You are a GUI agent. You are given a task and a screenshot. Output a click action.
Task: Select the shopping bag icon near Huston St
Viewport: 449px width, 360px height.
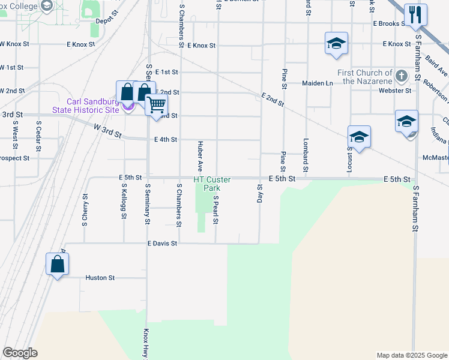coord(57,263)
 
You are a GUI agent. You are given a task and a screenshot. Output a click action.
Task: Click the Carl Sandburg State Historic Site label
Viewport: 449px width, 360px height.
coord(85,106)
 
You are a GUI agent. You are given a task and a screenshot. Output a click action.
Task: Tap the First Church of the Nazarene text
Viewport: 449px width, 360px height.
coord(365,77)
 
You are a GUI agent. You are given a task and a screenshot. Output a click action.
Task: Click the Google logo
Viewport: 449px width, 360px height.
coord(20,353)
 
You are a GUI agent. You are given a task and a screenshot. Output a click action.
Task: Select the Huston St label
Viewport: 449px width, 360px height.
coord(100,278)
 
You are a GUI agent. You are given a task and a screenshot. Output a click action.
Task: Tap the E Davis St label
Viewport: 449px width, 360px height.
coord(162,244)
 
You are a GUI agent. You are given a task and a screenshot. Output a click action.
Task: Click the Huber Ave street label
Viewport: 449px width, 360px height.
coord(200,156)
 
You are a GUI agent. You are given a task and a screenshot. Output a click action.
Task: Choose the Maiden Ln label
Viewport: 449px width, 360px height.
coord(318,83)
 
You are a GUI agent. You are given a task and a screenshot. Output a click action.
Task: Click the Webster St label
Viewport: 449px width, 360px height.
coord(399,91)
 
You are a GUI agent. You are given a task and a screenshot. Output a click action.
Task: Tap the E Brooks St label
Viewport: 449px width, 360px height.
coord(390,24)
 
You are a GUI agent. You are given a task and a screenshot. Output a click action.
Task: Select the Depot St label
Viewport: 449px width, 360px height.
coord(105,20)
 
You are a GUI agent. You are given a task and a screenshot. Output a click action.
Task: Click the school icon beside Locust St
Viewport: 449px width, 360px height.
coord(359,137)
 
